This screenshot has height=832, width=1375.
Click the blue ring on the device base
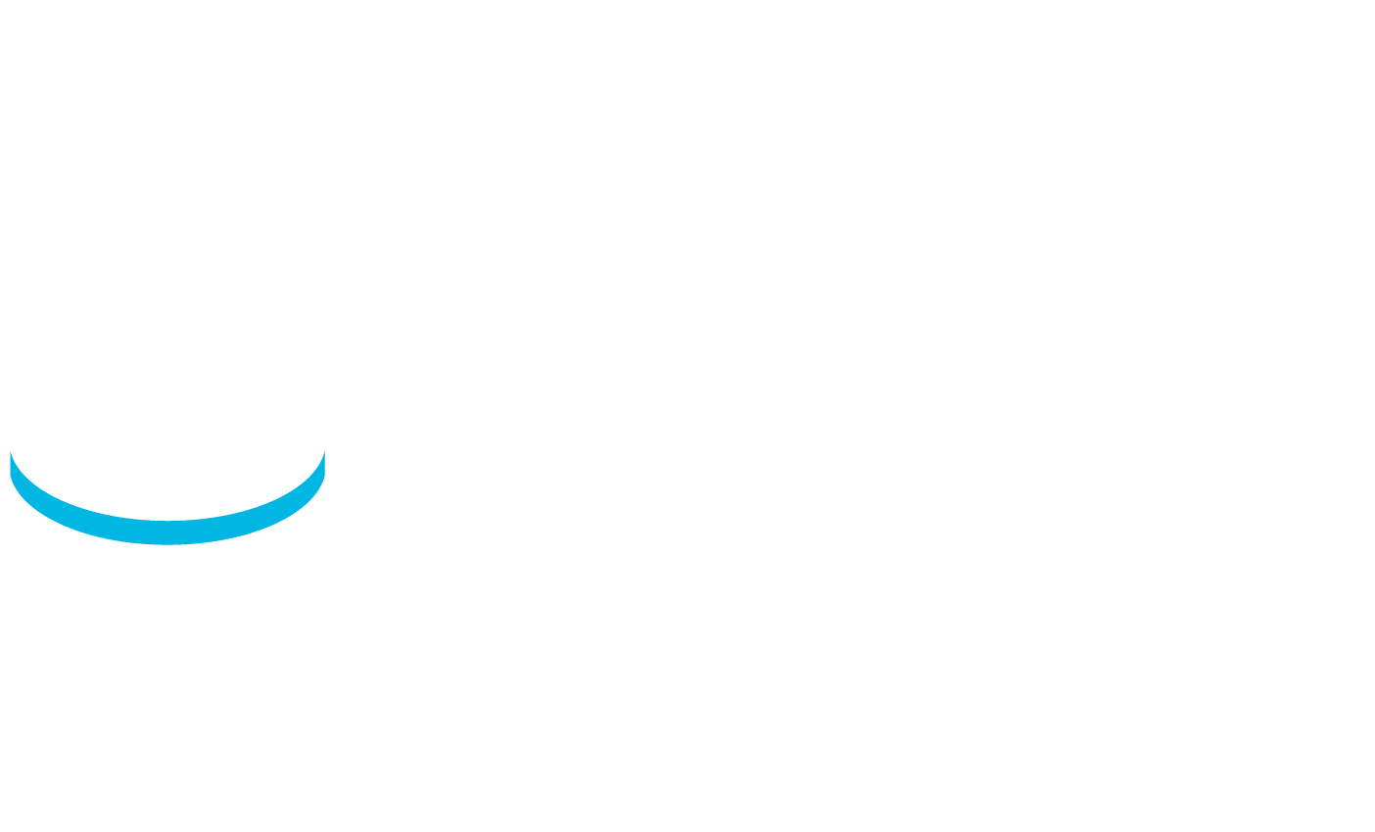pos(167,519)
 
